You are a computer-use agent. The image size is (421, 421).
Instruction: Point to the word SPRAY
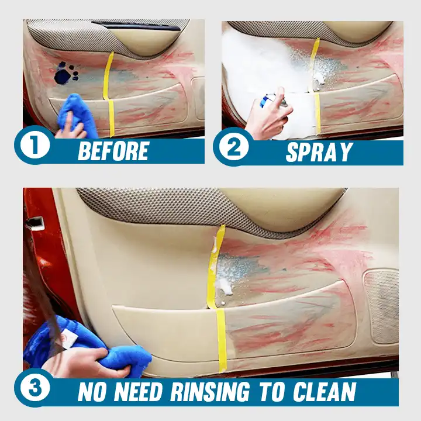pyautogui.click(x=319, y=152)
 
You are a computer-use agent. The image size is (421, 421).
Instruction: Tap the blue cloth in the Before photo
pyautogui.click(x=79, y=114)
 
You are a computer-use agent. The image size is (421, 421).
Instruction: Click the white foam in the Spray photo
pyautogui.click(x=257, y=64)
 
